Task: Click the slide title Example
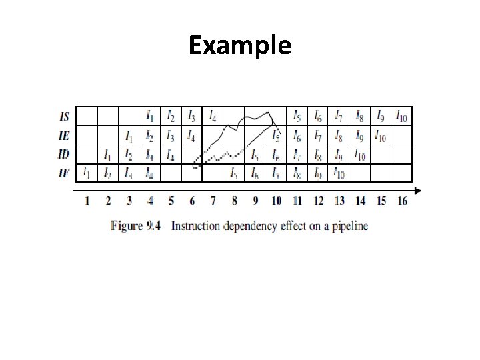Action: (239, 45)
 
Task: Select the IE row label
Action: (64, 136)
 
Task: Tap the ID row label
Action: (64, 155)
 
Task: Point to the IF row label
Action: (64, 173)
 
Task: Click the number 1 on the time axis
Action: (87, 201)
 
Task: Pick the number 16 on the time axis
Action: (402, 201)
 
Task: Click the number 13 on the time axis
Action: (339, 201)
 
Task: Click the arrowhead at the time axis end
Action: (417, 191)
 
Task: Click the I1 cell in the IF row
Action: (87, 173)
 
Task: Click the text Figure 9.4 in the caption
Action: (136, 226)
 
